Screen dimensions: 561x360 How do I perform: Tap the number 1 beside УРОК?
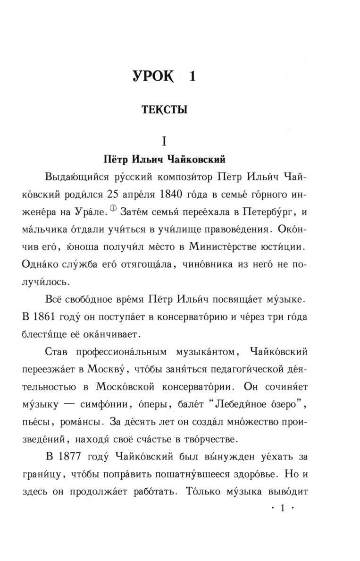click(191, 76)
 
